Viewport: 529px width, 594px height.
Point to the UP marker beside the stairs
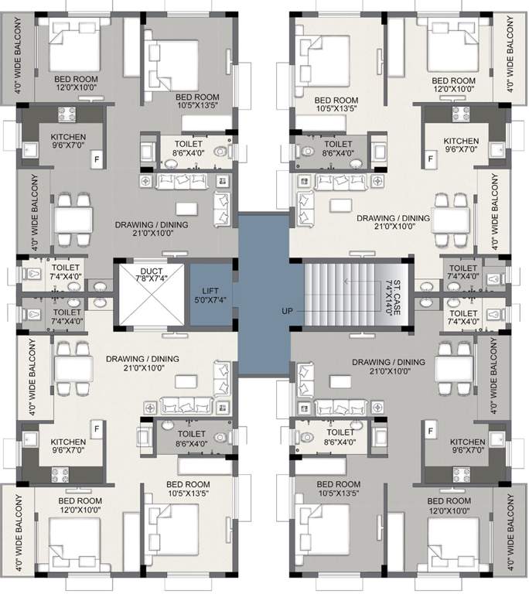click(x=288, y=311)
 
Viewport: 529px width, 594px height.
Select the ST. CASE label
click(x=397, y=288)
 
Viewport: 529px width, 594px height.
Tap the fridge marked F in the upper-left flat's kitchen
click(x=97, y=158)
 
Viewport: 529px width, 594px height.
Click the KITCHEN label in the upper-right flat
click(x=461, y=141)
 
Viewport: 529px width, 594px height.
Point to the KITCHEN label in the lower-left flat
click(x=68, y=442)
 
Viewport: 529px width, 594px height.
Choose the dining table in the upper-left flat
click(x=73, y=214)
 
